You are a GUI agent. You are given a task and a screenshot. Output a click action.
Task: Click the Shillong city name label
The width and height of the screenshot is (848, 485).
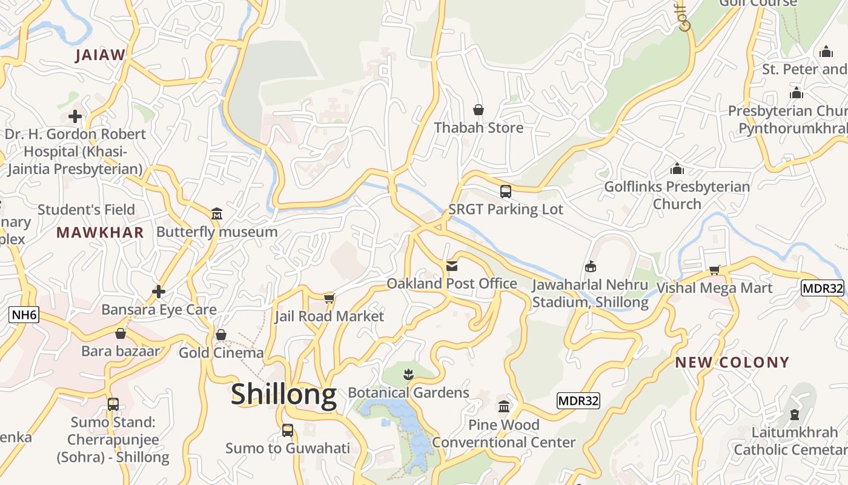pyautogui.click(x=283, y=394)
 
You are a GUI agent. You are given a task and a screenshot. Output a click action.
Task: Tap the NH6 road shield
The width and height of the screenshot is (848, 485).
pyautogui.click(x=24, y=315)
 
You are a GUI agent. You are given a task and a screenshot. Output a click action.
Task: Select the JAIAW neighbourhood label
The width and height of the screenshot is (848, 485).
pyautogui.click(x=100, y=55)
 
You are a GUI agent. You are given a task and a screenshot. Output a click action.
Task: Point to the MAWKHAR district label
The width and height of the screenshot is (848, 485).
pyautogui.click(x=100, y=232)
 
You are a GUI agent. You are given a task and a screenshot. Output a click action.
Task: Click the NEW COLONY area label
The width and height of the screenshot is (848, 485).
pyautogui.click(x=732, y=363)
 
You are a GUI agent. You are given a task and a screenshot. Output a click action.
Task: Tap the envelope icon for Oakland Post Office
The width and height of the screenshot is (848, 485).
pyautogui.click(x=452, y=266)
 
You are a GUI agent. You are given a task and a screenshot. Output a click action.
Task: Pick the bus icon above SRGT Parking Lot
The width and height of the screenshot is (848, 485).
pyautogui.click(x=506, y=192)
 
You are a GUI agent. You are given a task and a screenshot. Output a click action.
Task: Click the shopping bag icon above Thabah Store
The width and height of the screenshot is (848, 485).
pyautogui.click(x=479, y=110)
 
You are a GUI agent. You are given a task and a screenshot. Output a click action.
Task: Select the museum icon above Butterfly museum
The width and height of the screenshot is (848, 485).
pyautogui.click(x=217, y=214)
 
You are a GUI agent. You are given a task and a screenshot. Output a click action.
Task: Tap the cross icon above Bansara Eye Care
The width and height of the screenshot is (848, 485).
pyautogui.click(x=159, y=292)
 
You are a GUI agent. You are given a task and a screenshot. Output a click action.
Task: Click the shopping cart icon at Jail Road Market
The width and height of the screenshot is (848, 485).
pyautogui.click(x=329, y=298)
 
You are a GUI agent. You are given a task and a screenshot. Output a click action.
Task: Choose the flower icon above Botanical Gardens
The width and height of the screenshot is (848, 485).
pyautogui.click(x=408, y=375)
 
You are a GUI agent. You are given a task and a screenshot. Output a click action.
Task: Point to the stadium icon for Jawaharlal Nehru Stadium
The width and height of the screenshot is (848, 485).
pyautogui.click(x=590, y=267)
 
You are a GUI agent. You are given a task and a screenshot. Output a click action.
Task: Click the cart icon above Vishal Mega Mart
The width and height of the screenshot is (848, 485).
pyautogui.click(x=714, y=270)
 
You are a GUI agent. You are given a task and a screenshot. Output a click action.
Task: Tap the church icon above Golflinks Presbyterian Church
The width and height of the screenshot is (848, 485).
pyautogui.click(x=677, y=169)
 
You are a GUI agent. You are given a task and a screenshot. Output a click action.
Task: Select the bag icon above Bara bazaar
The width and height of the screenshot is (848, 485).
pyautogui.click(x=121, y=333)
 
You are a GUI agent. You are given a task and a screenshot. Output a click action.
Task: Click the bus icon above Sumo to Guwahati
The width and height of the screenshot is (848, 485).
pyautogui.click(x=288, y=430)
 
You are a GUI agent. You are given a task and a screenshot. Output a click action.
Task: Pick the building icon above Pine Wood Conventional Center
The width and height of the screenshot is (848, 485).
pyautogui.click(x=503, y=407)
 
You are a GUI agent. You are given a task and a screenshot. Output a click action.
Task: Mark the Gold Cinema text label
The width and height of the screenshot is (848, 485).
pyautogui.click(x=221, y=353)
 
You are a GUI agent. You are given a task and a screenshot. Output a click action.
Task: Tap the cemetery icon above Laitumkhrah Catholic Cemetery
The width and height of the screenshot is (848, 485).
pyautogui.click(x=794, y=415)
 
